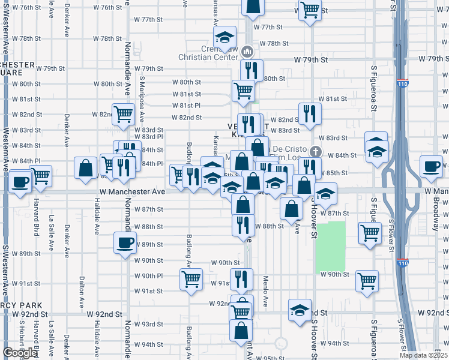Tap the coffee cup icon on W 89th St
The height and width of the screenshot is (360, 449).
tap(125, 242)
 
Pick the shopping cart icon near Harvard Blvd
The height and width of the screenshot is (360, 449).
tap(41, 176)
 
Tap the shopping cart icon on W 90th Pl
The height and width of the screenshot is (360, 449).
tap(191, 278)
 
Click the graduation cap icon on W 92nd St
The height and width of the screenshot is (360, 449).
tap(300, 310)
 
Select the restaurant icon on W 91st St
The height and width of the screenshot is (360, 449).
tap(241, 278)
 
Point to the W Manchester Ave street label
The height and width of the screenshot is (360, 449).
tap(132, 191)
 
